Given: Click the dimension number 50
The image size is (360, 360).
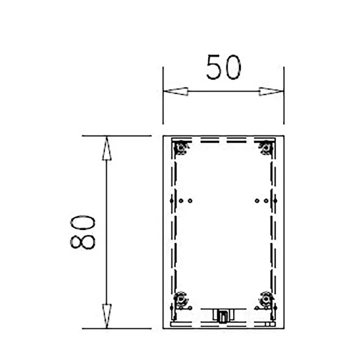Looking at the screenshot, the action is point(224,67).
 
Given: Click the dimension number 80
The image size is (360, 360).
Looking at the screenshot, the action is point(82,232).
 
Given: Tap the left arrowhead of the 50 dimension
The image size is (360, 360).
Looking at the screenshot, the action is point(176,92).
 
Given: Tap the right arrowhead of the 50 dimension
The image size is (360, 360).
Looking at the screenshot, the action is point(271,92).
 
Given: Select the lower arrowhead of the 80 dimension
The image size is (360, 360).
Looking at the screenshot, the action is point(107,316).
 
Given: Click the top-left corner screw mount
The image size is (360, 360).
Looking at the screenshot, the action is point(181,148).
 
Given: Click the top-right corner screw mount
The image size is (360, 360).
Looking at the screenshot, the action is point(266,148).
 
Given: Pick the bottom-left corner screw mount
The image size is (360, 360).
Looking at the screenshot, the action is point(181,300).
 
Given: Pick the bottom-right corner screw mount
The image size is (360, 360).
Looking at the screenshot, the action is point(266,300).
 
